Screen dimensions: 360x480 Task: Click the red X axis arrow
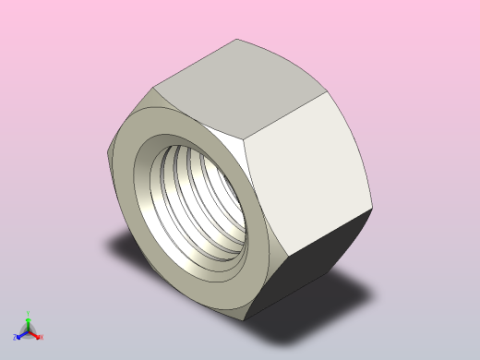pyautogui.click(x=35, y=334)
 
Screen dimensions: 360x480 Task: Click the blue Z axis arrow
pyautogui.click(x=21, y=334)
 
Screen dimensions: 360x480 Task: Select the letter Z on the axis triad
pyautogui.click(x=17, y=337)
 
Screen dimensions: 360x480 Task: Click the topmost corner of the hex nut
pyautogui.click(x=238, y=40)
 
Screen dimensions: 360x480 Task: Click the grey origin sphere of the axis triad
pyautogui.click(x=28, y=330)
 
